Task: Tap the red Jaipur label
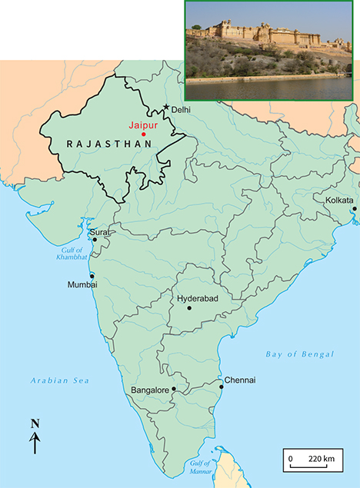pyautogui.click(x=142, y=123)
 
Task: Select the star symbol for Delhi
pyautogui.click(x=165, y=108)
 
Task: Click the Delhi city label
pyautogui.click(x=180, y=111)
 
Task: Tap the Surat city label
pyautogui.click(x=100, y=232)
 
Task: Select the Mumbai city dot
pyautogui.click(x=92, y=276)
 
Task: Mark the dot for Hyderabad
pyautogui.click(x=188, y=307)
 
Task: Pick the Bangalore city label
pyautogui.click(x=149, y=390)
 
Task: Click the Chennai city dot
pyautogui.click(x=221, y=387)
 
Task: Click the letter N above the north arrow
pyautogui.click(x=35, y=423)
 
